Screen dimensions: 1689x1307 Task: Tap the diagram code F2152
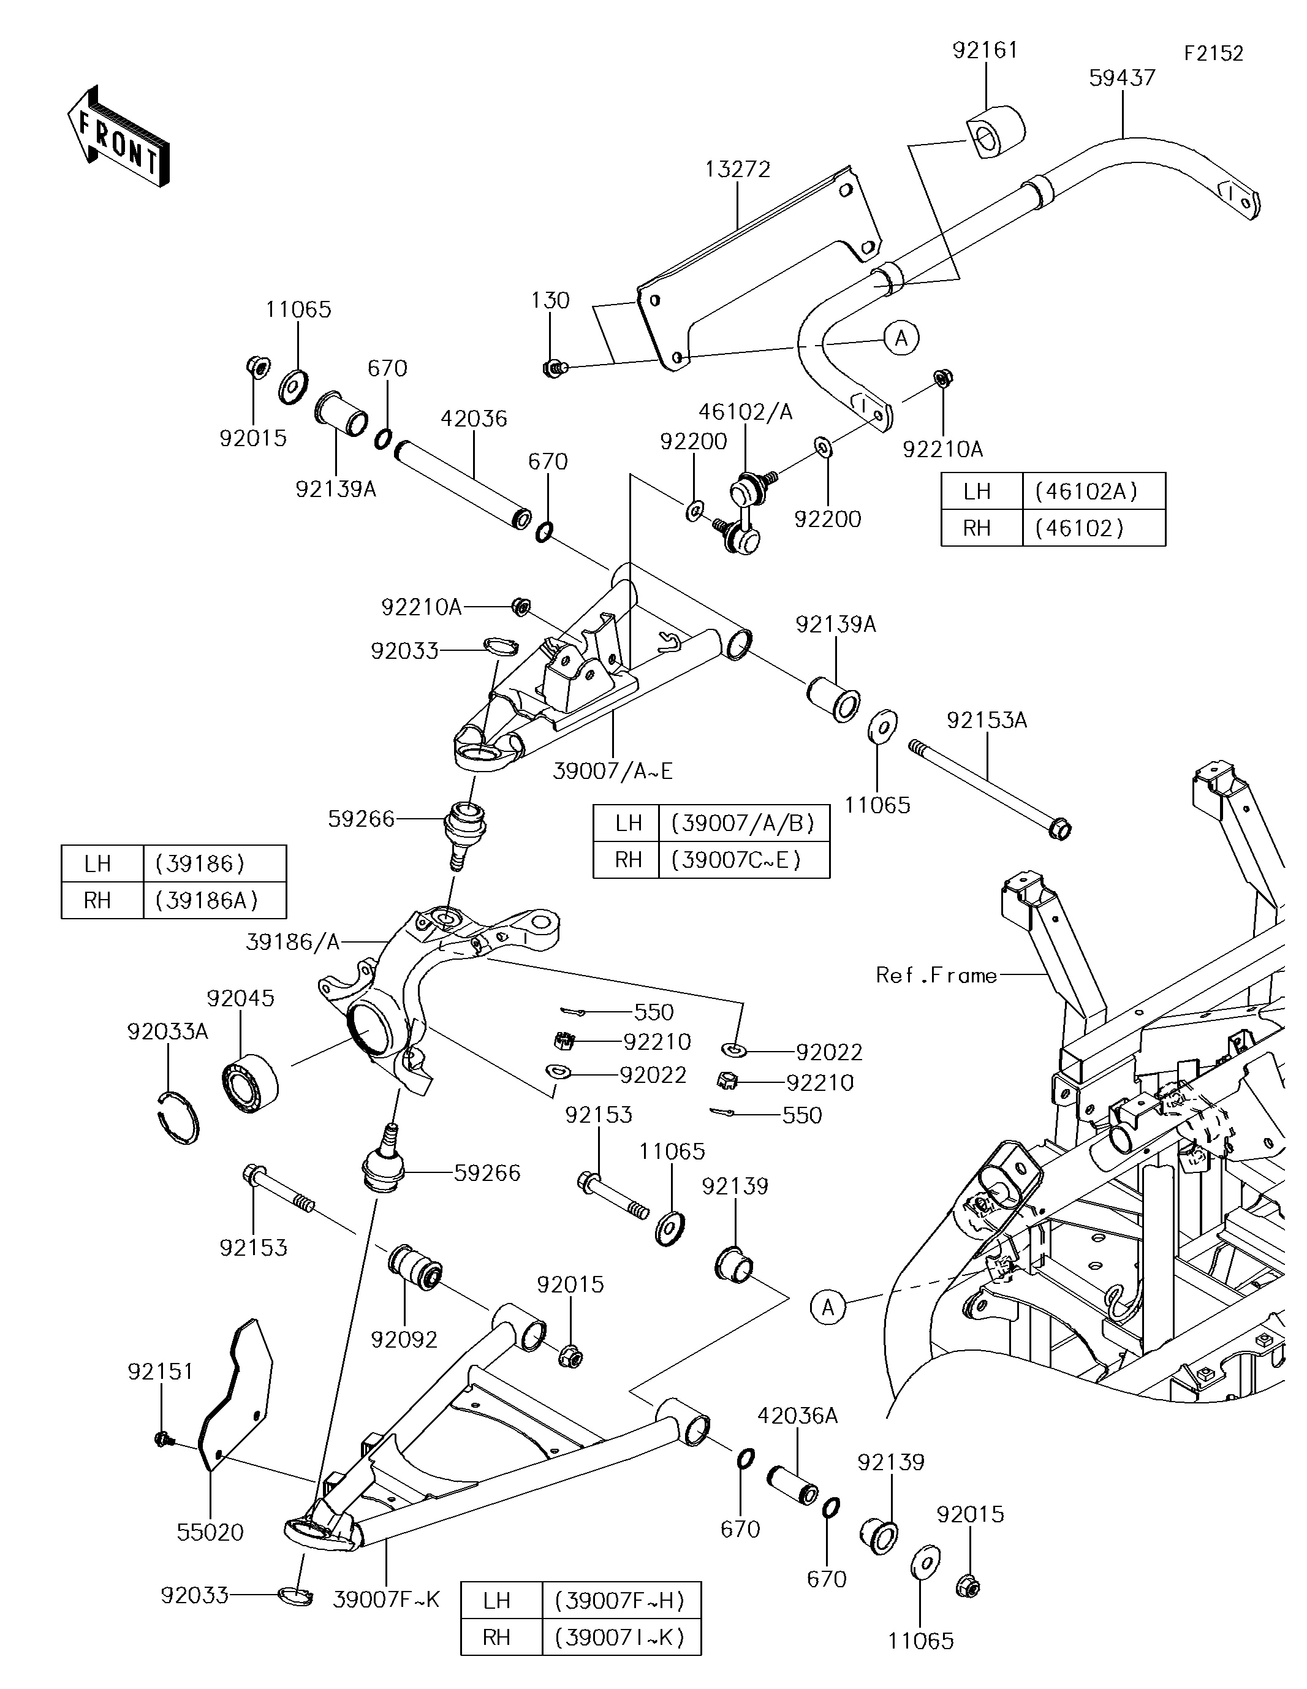[x=1213, y=53]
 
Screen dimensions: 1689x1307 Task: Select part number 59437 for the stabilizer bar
[x=1121, y=78]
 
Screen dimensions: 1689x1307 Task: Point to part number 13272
[x=738, y=169]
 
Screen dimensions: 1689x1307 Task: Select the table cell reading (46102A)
[x=1093, y=491]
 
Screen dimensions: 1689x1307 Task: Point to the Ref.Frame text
[x=936, y=975]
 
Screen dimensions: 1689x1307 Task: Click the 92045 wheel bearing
[x=250, y=1083]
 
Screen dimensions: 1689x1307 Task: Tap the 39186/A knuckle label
[x=293, y=942]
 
